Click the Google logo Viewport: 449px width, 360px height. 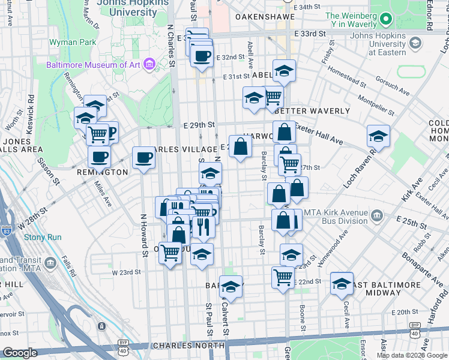20,353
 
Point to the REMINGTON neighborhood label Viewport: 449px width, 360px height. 103,172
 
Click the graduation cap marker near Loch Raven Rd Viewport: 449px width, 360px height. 378,136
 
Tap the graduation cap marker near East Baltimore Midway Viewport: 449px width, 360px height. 342,283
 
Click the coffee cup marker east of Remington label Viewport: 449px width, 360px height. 143,158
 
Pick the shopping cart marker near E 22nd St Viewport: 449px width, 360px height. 283,277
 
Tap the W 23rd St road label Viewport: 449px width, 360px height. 127,272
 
